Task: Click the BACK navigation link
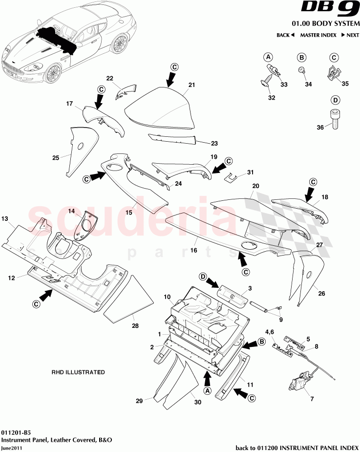[285, 35]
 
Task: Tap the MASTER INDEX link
[318, 35]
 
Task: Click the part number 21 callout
[191, 85]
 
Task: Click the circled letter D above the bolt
[335, 100]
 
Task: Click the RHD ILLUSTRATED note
[78, 372]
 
